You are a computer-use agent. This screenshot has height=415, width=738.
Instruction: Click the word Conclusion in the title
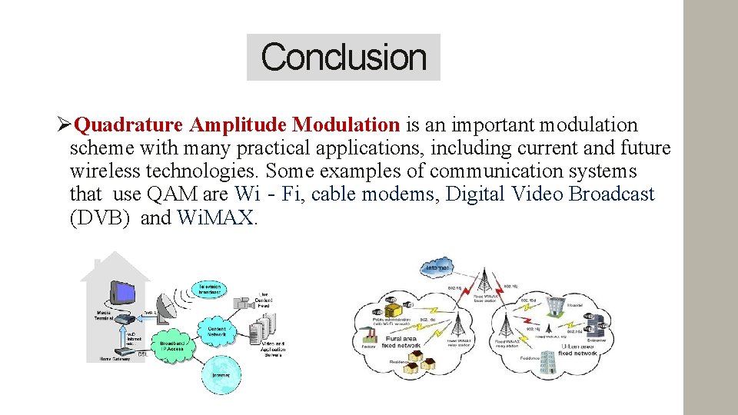click(343, 58)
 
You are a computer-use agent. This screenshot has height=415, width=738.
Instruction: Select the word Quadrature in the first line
click(129, 124)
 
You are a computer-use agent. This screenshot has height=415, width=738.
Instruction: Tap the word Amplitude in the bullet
click(239, 124)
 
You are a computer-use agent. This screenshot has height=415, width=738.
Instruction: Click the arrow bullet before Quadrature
click(65, 124)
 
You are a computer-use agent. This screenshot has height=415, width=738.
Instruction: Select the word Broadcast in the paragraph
click(611, 194)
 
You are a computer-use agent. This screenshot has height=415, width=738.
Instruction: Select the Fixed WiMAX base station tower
click(484, 288)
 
